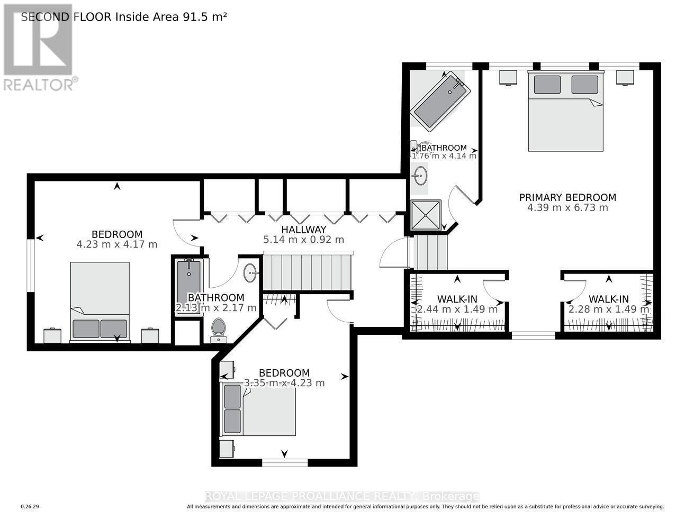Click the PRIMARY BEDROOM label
567,197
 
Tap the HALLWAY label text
303,230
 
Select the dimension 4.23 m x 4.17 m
117,244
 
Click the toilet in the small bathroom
218,329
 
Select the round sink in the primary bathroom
421,176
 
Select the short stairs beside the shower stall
430,252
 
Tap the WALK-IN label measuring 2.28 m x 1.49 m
608,299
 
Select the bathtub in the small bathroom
188,286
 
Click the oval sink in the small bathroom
250,273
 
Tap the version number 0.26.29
30,507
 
